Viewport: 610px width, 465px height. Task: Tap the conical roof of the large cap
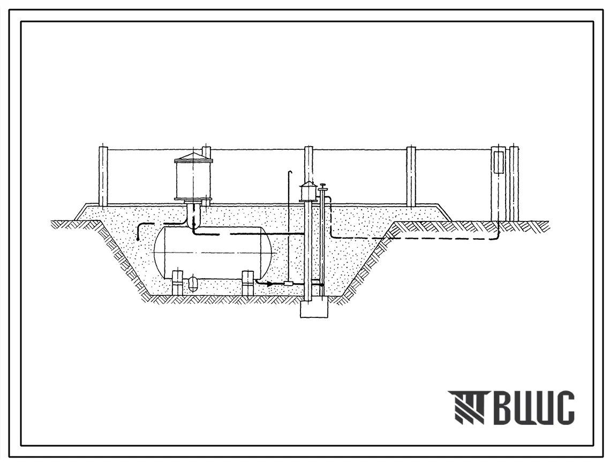[x=193, y=156]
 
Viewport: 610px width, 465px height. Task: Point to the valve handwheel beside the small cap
[x=322, y=185]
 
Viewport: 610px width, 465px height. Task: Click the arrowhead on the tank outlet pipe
[x=269, y=284]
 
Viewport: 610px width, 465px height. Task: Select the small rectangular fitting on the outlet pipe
[x=289, y=284]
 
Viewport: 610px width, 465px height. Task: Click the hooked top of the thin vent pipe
[x=290, y=172]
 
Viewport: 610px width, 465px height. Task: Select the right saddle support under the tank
[x=248, y=283]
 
